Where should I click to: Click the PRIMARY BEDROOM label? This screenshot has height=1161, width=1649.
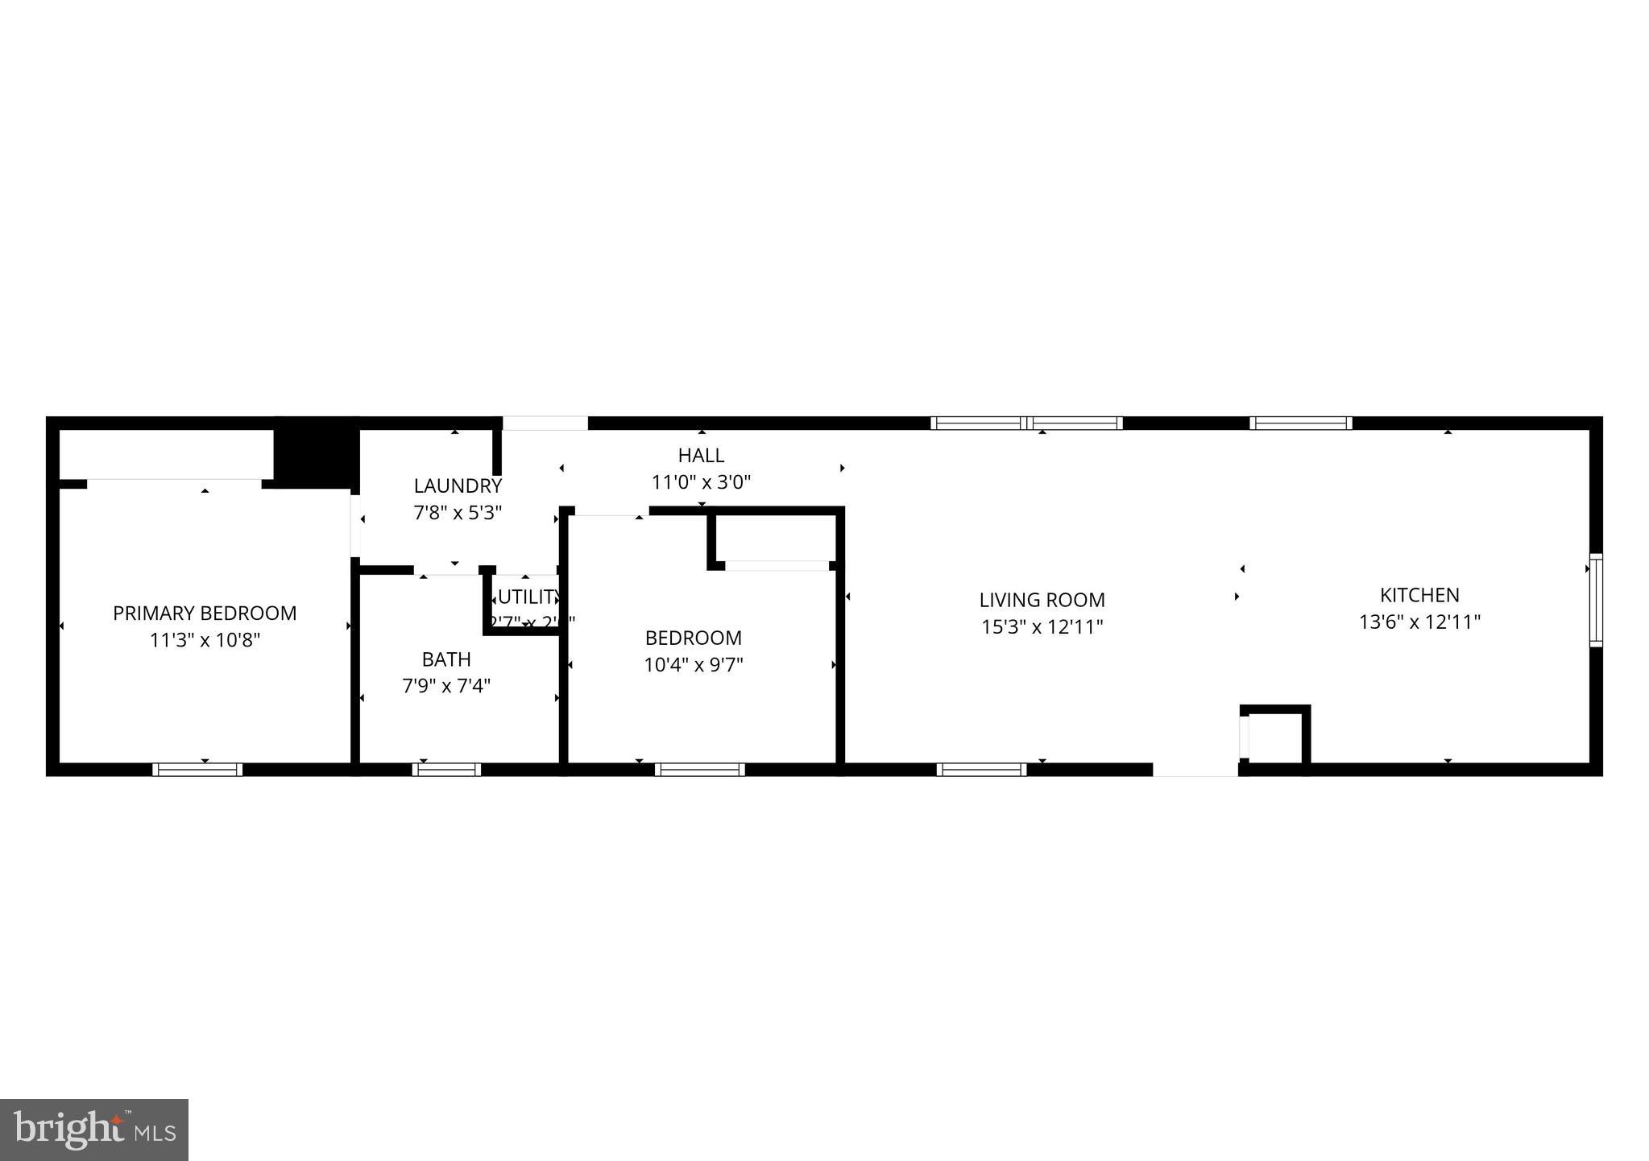point(205,614)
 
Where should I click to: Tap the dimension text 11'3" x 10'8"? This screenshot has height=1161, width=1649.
point(205,641)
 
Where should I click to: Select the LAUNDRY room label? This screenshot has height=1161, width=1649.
point(458,486)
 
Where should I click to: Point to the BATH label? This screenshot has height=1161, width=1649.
point(446,659)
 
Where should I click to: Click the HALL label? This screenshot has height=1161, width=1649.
point(701,456)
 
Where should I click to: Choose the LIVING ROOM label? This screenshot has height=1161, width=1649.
point(1042,600)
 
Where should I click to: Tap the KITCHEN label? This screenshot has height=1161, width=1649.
point(1419,595)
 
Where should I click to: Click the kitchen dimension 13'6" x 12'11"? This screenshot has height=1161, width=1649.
point(1419,622)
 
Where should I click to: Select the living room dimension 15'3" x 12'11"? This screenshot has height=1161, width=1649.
point(1042,627)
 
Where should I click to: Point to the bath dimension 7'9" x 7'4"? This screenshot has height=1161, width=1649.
point(446,686)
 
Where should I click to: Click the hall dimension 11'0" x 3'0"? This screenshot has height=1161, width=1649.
point(701,482)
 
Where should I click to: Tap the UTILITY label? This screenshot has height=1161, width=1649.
point(528,597)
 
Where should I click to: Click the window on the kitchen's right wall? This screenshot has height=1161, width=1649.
point(1595,600)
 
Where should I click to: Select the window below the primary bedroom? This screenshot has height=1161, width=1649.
point(197,770)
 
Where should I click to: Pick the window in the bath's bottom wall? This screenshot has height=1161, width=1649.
point(446,770)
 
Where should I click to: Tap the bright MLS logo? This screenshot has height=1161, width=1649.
point(94,1130)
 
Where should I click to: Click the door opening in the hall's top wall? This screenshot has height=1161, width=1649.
point(545,423)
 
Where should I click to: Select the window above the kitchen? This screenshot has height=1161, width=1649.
point(1300,423)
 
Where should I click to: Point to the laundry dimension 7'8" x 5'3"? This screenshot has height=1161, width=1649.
point(458,513)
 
